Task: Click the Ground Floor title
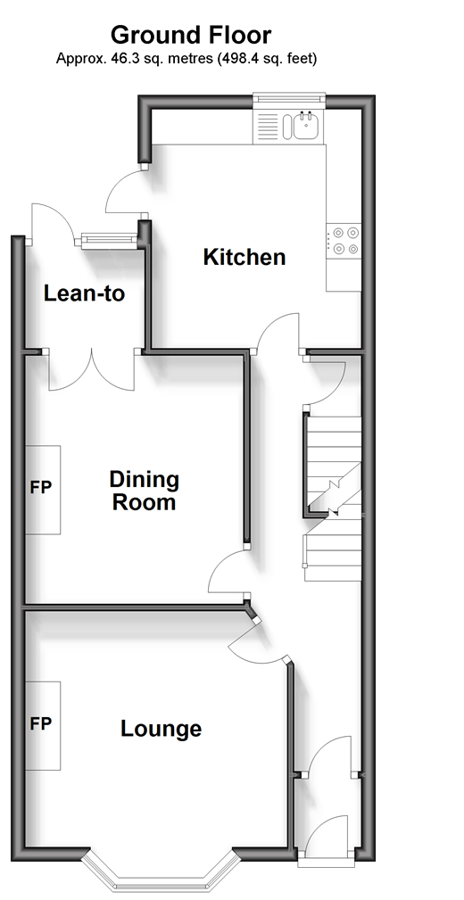coord(191,36)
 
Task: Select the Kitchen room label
coord(244,257)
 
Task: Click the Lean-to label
coord(85,293)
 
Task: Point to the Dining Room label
coord(145,491)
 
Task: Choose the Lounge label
coord(161,729)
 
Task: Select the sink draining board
coord(267,126)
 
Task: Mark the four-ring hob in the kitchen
coord(344,241)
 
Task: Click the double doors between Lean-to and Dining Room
coord(91,370)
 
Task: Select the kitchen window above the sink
coord(290,97)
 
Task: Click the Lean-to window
coord(109,241)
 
